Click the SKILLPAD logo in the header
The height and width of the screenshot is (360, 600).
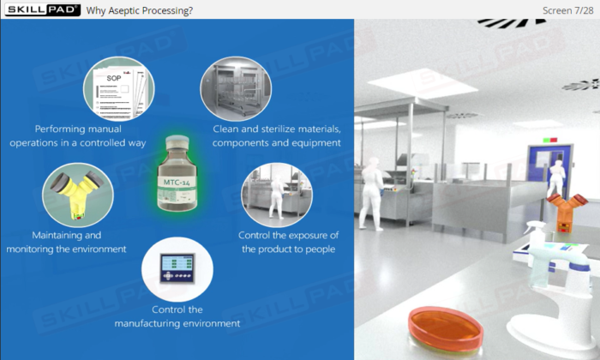pos(43,10)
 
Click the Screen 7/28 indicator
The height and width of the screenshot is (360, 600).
pos(567,10)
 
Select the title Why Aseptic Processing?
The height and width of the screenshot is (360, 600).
pos(139,10)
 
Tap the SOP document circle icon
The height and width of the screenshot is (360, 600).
pos(119,89)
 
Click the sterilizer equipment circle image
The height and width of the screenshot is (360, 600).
pos(236,89)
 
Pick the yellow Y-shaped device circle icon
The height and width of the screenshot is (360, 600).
pos(78,195)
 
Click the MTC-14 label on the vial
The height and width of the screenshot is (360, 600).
pos(177,182)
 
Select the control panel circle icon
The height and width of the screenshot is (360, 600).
pos(177,269)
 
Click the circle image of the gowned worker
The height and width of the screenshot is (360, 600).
pos(277,195)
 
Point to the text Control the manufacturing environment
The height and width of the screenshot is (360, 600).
pos(177,316)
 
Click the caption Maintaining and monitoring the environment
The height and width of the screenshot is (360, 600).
pos(66,243)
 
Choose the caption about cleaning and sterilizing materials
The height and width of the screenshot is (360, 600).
pos(277,135)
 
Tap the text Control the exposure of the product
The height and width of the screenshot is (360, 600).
pos(289,243)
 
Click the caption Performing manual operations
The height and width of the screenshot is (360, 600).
pos(78,135)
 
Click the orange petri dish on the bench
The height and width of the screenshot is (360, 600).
pos(446,329)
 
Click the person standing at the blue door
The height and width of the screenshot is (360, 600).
pos(556,178)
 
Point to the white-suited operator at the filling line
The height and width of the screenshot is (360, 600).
pos(371,194)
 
